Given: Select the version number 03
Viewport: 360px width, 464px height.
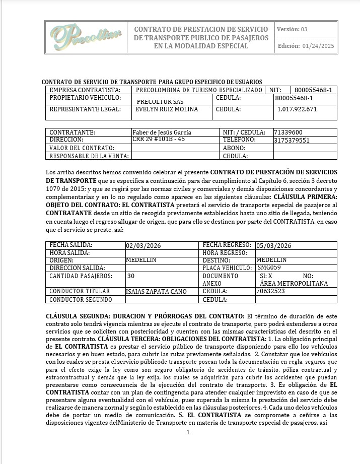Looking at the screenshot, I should pyautogui.click(x=304, y=29).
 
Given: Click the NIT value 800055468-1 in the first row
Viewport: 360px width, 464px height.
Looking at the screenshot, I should pyautogui.click(x=313, y=90).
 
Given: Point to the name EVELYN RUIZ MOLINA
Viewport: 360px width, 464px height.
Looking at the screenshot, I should pyautogui.click(x=167, y=109).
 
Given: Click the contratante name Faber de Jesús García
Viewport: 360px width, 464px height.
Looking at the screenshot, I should pyautogui.click(x=162, y=132).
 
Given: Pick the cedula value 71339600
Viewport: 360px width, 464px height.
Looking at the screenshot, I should pyautogui.click(x=288, y=132).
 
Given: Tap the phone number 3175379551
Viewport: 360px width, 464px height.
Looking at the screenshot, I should pyautogui.click(x=292, y=141).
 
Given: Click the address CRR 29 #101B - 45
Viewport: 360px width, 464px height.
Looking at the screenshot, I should pyautogui.click(x=159, y=139).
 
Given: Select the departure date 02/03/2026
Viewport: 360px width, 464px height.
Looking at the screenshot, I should pyautogui.click(x=143, y=246).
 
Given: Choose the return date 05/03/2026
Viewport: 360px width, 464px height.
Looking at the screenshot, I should pyautogui.click(x=274, y=246).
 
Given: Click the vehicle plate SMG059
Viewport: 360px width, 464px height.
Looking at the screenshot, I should pyautogui.click(x=269, y=268).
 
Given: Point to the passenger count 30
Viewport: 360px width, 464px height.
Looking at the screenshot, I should pyautogui.click(x=131, y=276).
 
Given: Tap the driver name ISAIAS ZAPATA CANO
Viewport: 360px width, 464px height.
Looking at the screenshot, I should pyautogui.click(x=156, y=291).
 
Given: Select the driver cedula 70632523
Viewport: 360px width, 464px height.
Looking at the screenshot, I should pyautogui.click(x=271, y=291).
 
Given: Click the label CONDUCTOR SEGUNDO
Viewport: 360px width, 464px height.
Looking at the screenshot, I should pyautogui.click(x=81, y=299).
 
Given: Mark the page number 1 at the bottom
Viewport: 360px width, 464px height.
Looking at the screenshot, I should pyautogui.click(x=188, y=432).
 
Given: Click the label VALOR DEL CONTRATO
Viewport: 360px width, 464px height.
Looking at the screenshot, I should pyautogui.click(x=82, y=148).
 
